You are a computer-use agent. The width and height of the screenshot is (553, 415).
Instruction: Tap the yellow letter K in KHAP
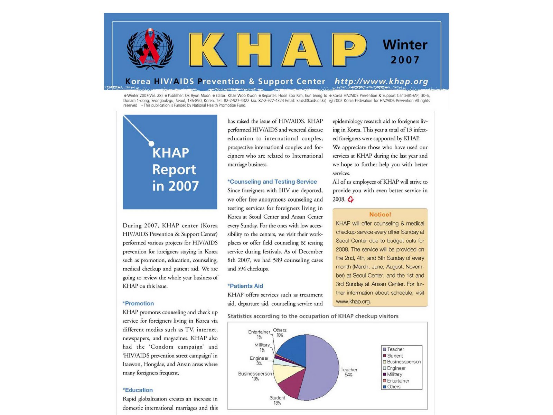coord(207,50)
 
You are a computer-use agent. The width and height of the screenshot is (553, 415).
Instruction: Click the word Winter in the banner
coord(405,45)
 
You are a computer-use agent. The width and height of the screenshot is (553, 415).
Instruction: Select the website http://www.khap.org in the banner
coord(381,82)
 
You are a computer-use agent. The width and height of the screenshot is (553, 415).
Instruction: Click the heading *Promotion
coord(138,303)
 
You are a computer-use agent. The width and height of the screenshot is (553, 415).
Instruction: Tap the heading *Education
coord(138,390)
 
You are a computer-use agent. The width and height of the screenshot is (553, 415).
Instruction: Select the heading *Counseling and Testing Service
coord(272,182)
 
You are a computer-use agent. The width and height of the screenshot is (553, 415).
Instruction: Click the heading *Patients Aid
coord(245,286)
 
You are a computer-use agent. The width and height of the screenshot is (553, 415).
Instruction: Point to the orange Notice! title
coord(380,214)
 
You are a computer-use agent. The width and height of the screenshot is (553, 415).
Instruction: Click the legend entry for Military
coord(394,375)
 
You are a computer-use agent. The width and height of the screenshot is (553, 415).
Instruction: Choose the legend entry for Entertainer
coord(398,381)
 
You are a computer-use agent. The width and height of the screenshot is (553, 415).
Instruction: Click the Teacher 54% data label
coord(349,372)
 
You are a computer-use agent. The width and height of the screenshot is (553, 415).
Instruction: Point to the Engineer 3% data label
coord(259,361)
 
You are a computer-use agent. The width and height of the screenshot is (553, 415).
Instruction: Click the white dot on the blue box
coord(151,143)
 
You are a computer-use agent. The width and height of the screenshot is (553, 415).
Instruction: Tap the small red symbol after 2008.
coord(350,200)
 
